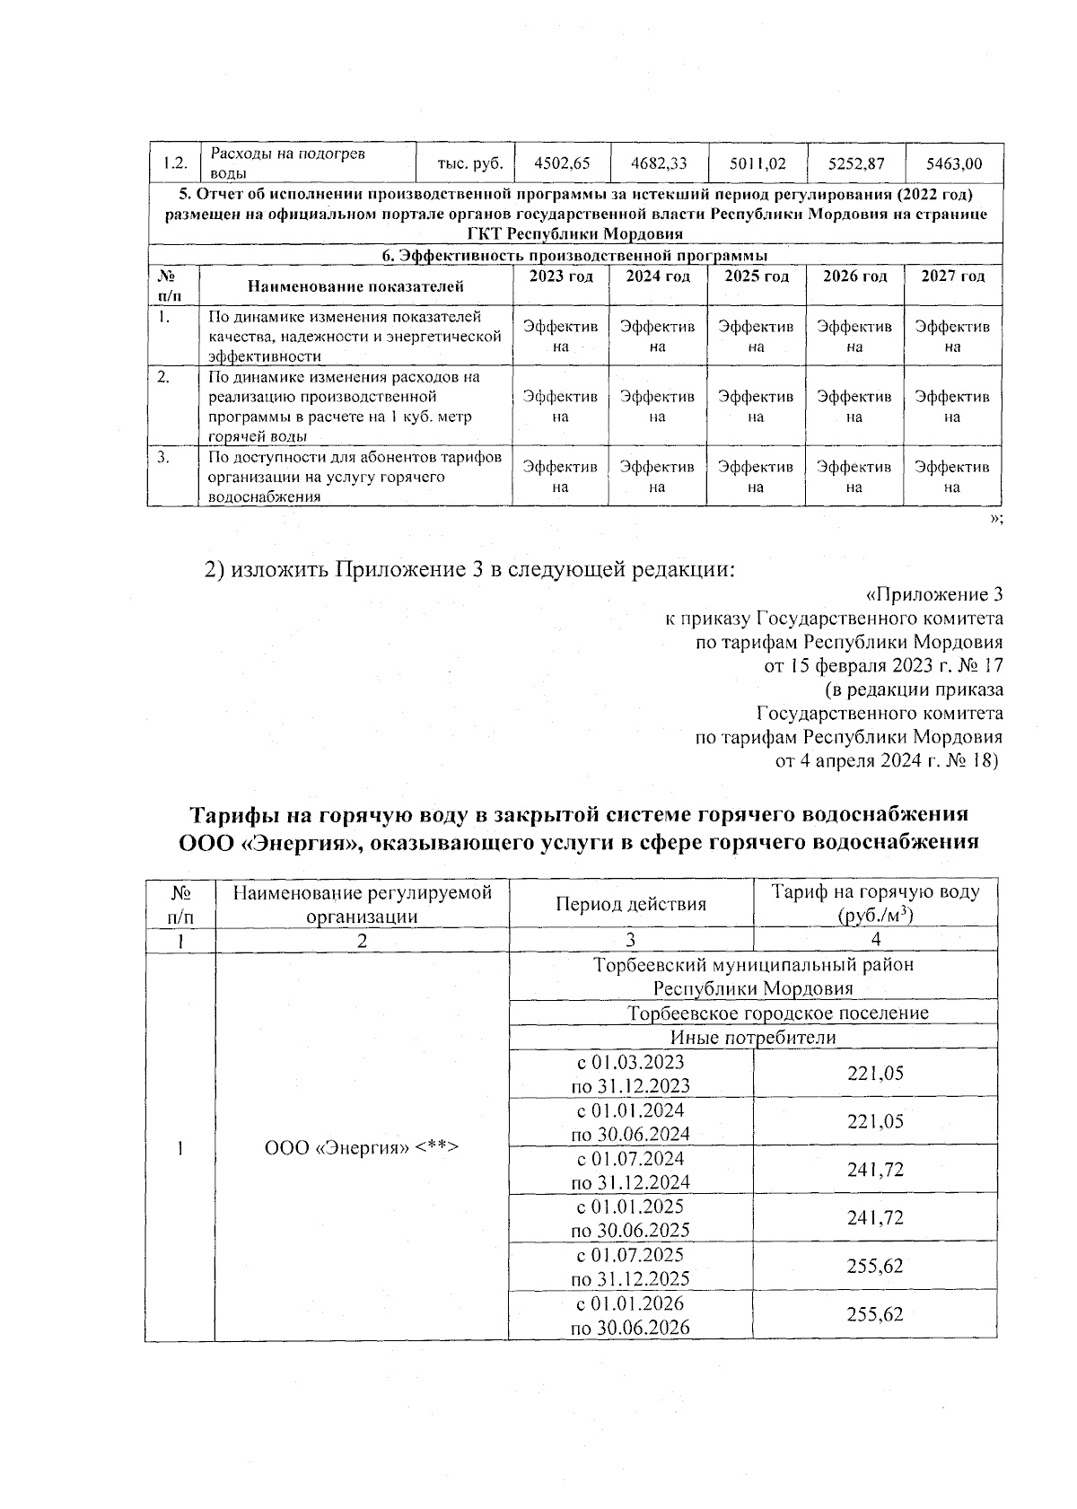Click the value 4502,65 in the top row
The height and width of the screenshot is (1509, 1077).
click(x=561, y=163)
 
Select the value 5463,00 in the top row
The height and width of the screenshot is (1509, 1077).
click(x=953, y=163)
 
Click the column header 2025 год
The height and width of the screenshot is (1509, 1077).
click(x=756, y=276)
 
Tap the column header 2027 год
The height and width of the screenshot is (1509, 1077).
click(x=953, y=276)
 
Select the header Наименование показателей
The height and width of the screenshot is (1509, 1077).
click(x=355, y=287)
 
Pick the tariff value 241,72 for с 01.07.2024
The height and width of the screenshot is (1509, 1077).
click(x=875, y=1169)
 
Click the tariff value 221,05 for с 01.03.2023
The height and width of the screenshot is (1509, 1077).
click(x=875, y=1073)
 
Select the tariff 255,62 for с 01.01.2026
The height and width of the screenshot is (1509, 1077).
click(x=875, y=1314)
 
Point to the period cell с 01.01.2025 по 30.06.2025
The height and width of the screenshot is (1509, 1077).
click(x=630, y=1218)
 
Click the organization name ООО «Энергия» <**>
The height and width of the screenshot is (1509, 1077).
click(x=362, y=1147)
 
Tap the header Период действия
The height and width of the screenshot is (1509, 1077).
click(x=630, y=904)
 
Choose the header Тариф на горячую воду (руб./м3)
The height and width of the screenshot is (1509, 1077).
click(x=875, y=904)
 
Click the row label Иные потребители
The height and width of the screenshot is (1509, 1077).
click(x=753, y=1038)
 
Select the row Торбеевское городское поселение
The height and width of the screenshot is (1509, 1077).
click(x=777, y=1013)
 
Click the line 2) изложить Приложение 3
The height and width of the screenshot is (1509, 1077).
click(x=469, y=570)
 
